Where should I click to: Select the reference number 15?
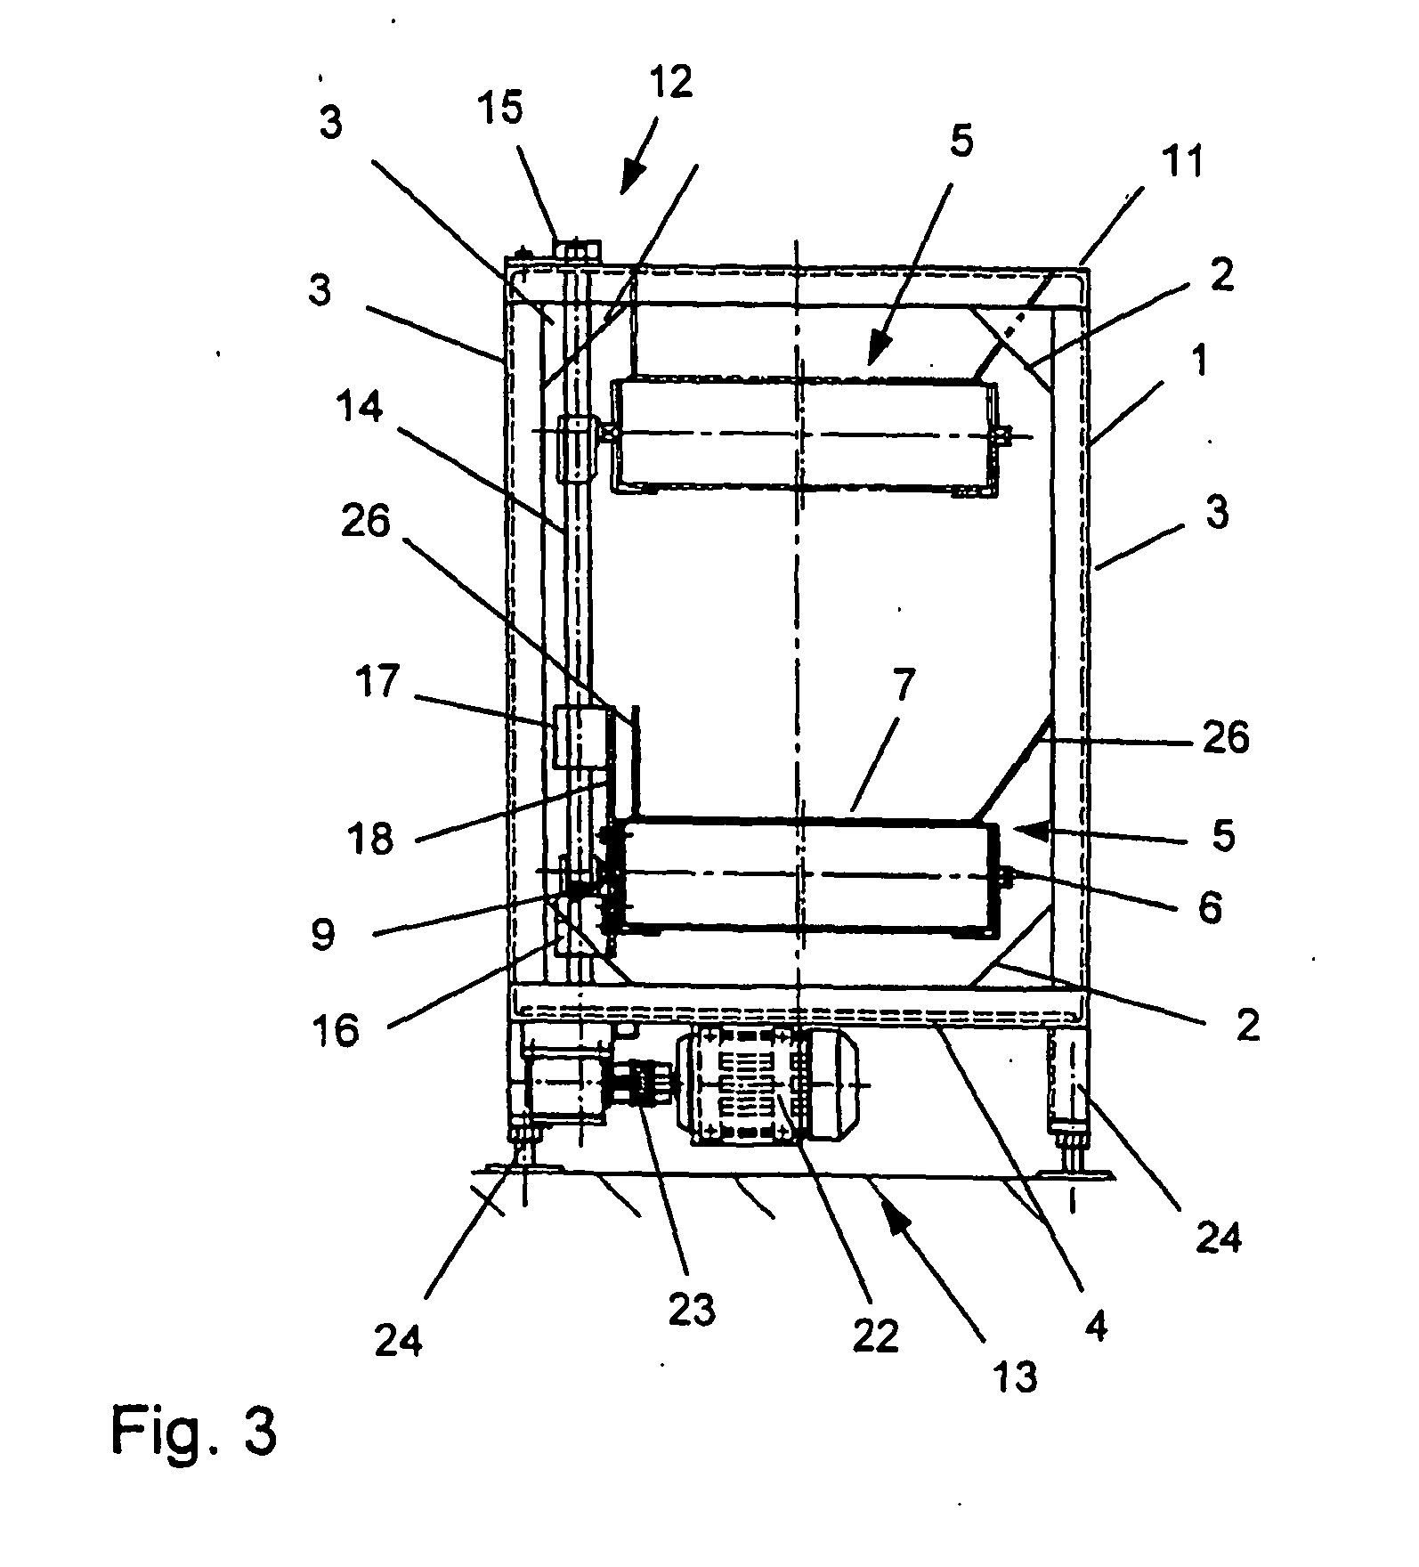coord(523,110)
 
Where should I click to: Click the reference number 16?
coord(338,1030)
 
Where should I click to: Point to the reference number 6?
coord(1210,906)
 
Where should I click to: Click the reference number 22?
coord(876,1336)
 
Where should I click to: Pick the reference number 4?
coord(1096,1327)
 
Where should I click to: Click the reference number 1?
coord(1201,361)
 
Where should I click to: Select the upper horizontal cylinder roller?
coord(806,435)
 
